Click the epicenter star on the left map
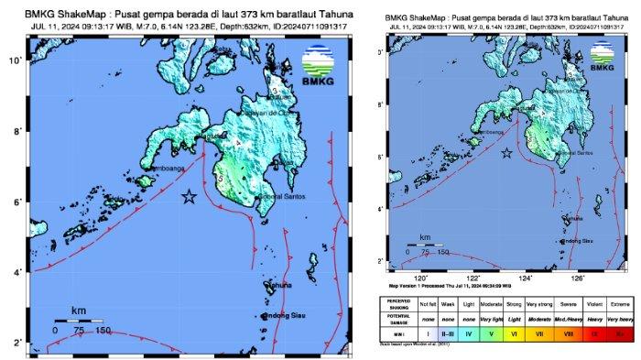(190, 197)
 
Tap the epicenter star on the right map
(506, 153)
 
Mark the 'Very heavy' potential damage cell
(624, 319)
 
